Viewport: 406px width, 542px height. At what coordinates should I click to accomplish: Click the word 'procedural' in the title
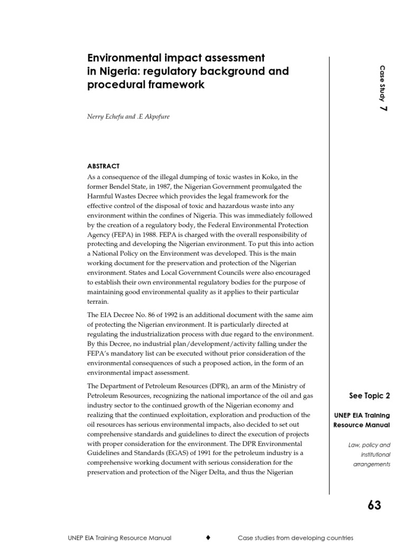click(x=113, y=85)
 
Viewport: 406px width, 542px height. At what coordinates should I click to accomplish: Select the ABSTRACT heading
click(x=103, y=166)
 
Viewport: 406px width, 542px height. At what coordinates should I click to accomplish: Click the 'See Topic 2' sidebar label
click(x=370, y=395)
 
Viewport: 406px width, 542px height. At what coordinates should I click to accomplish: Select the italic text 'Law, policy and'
click(x=368, y=445)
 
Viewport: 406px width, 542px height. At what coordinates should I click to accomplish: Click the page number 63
click(x=374, y=505)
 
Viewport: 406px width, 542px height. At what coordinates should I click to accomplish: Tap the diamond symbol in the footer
click(x=208, y=537)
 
